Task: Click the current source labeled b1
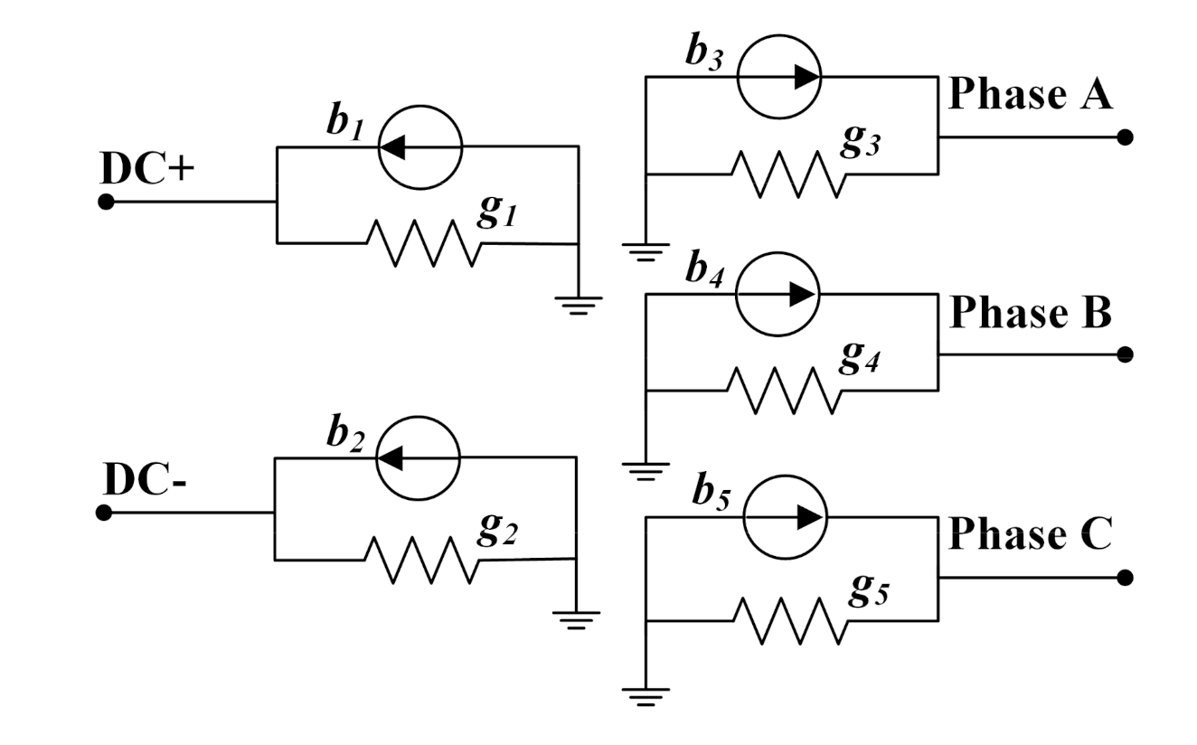click(x=419, y=146)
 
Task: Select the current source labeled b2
click(x=418, y=457)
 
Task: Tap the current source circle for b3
click(x=779, y=77)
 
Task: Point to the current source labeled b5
click(x=783, y=516)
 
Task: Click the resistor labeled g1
click(x=422, y=243)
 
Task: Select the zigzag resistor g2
click(x=422, y=561)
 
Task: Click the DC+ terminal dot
click(x=106, y=202)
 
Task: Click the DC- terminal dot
click(x=104, y=513)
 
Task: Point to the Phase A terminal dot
click(x=1124, y=137)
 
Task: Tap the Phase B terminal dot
click(x=1124, y=354)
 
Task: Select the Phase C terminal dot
click(x=1124, y=578)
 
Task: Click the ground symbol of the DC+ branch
click(x=578, y=305)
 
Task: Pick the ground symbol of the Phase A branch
click(x=646, y=250)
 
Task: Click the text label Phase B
click(x=1031, y=313)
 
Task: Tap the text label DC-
click(x=146, y=479)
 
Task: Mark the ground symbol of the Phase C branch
click(x=646, y=695)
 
